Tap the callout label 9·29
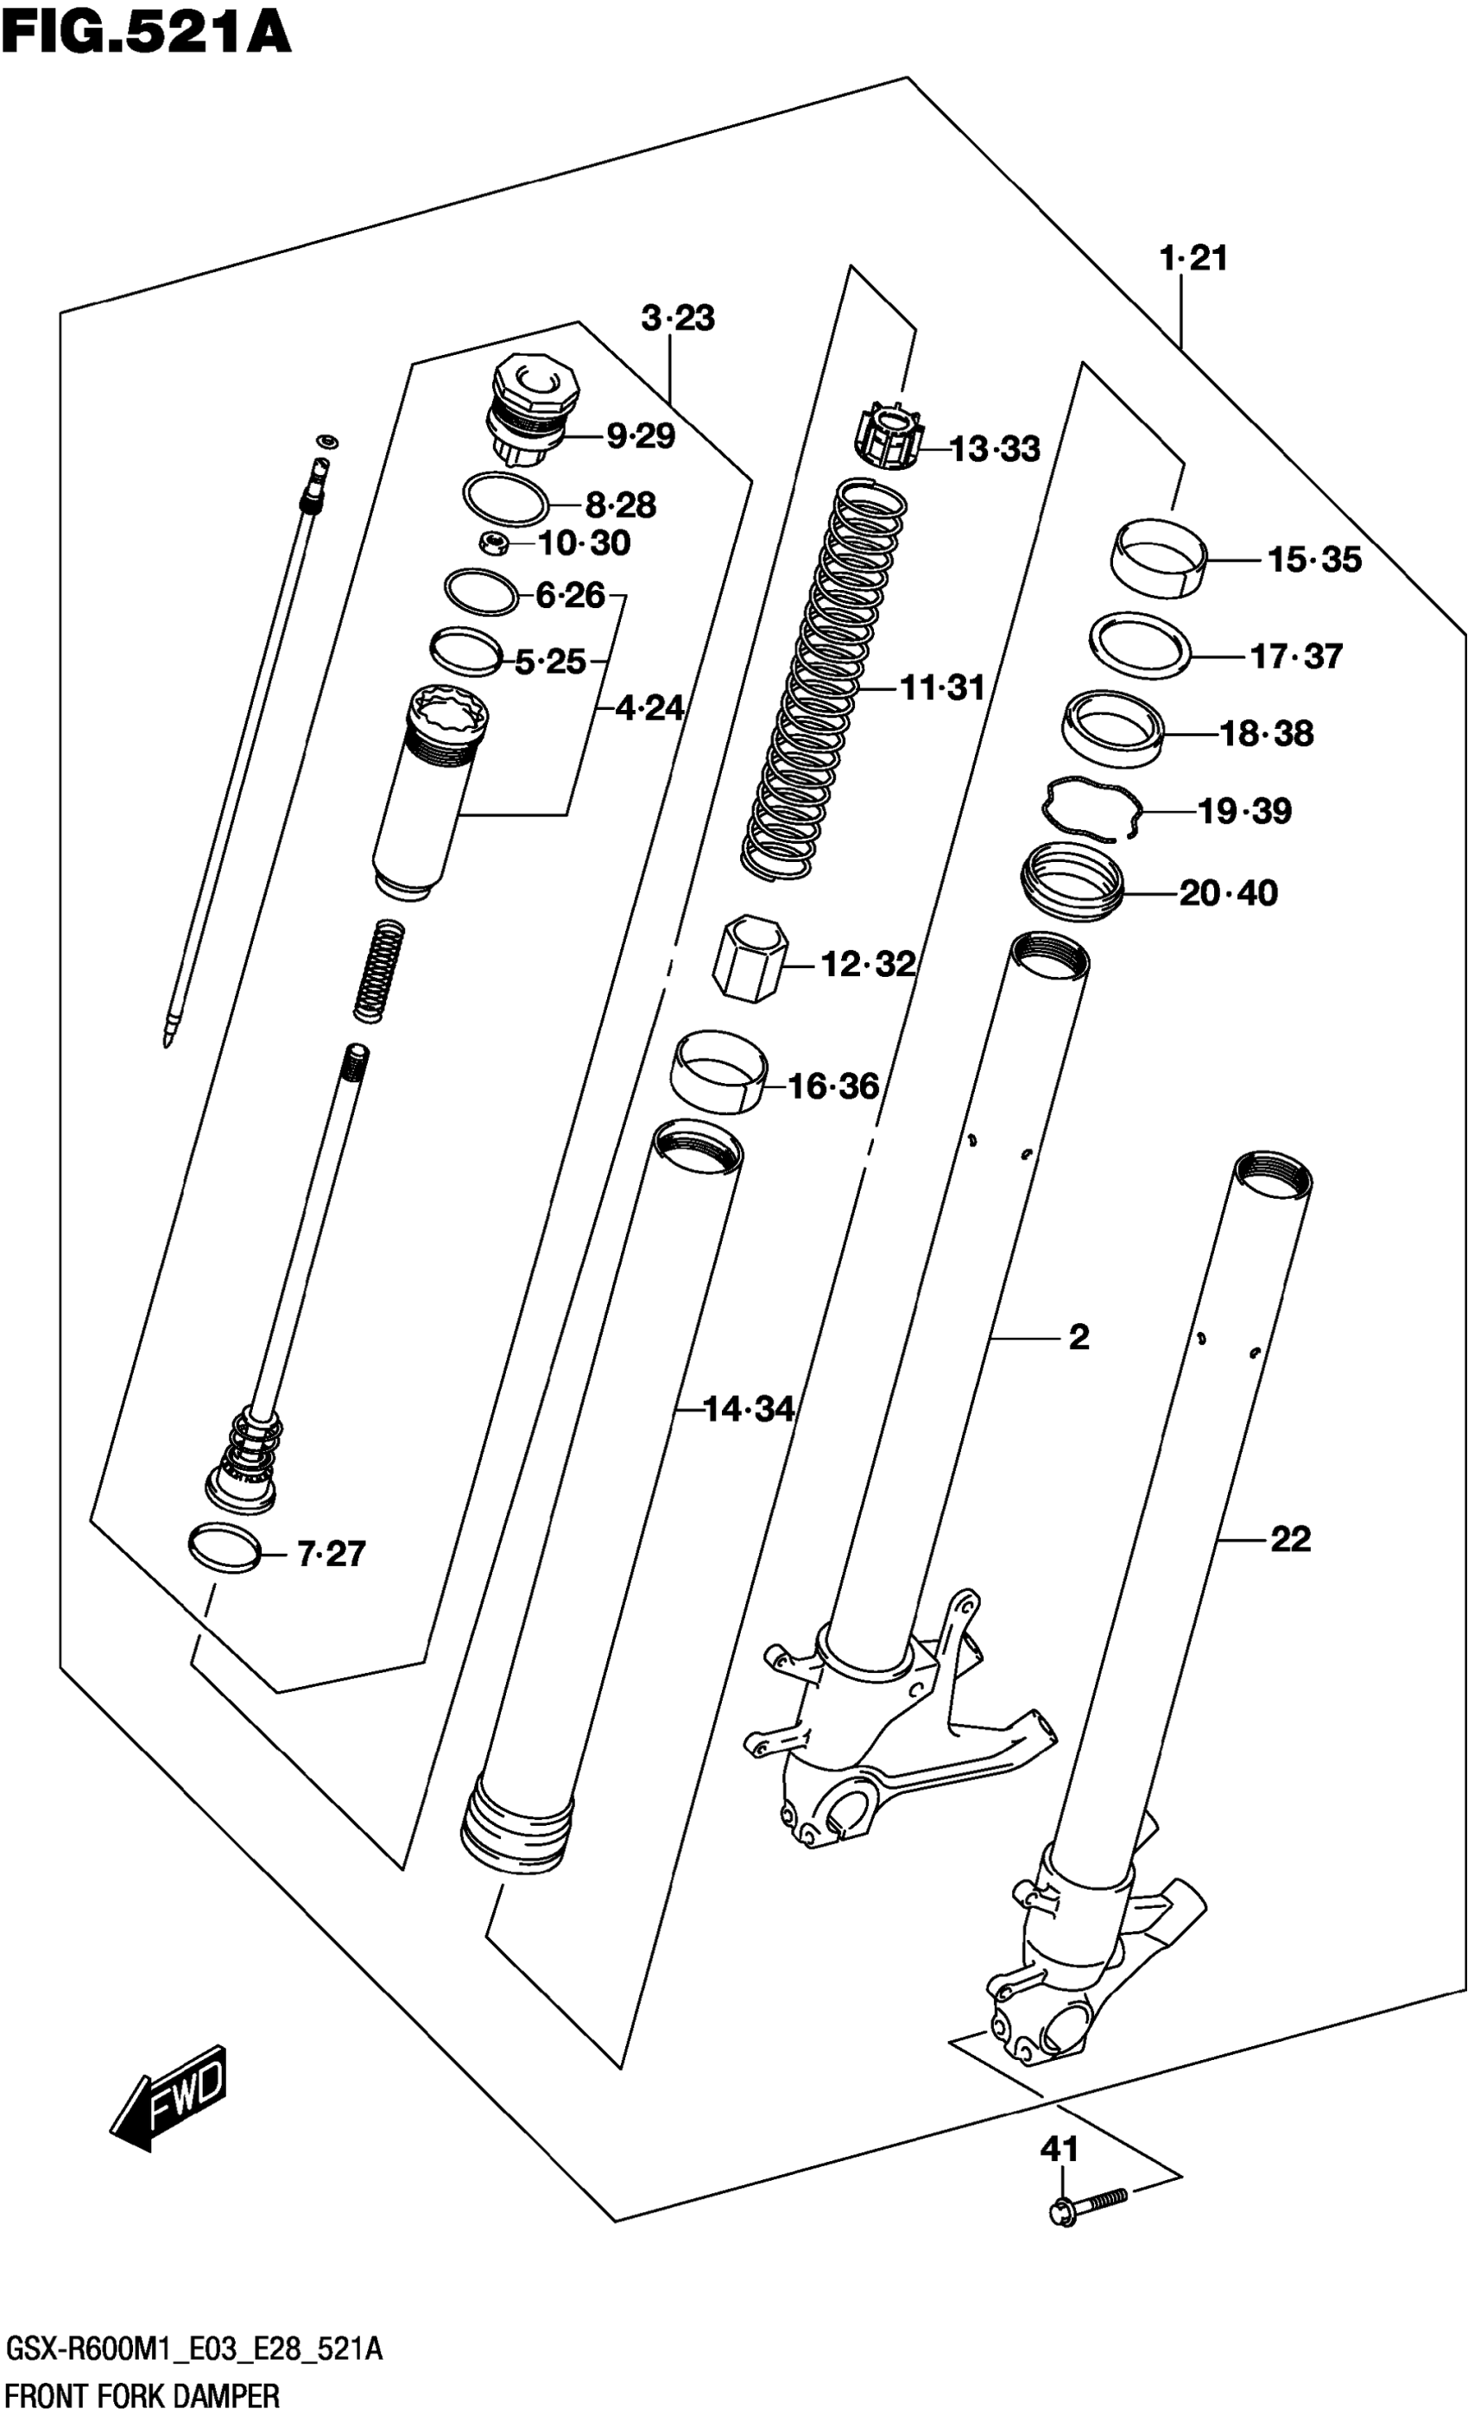(x=640, y=436)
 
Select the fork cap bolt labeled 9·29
(x=532, y=412)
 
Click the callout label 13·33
(x=995, y=449)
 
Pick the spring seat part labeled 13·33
(x=889, y=438)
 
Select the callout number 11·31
(x=942, y=688)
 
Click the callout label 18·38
(x=1266, y=733)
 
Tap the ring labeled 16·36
(x=718, y=1071)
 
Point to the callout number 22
(x=1289, y=1540)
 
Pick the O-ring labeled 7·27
(x=225, y=1549)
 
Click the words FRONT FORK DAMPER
(x=143, y=2394)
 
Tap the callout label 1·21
(x=1193, y=259)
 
